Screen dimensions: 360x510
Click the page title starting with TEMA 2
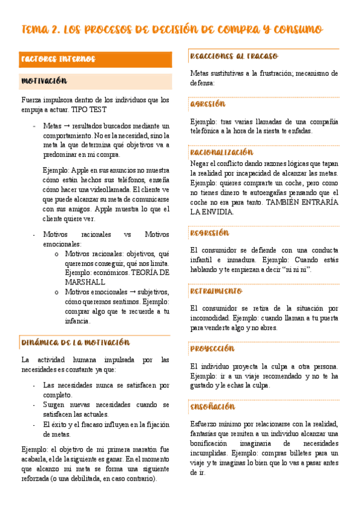(x=172, y=29)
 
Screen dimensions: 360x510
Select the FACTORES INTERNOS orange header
(x=58, y=59)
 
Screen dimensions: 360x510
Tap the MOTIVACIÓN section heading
(x=44, y=81)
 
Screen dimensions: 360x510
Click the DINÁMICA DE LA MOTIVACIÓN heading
(x=75, y=342)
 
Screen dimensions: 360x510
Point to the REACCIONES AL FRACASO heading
(x=234, y=56)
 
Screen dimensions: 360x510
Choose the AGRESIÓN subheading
(x=207, y=103)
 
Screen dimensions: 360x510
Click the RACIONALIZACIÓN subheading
(x=221, y=152)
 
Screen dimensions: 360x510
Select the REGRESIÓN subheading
(x=209, y=233)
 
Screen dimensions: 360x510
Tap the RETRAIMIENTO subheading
(x=216, y=291)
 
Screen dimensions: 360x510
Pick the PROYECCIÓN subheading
(x=212, y=348)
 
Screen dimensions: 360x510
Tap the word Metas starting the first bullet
(x=52, y=126)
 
